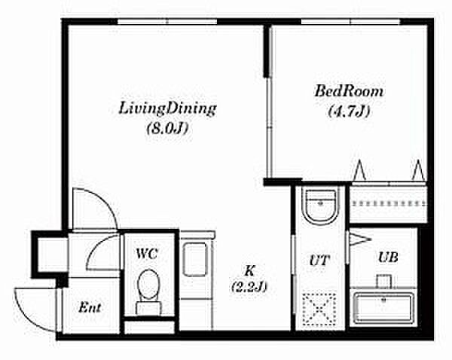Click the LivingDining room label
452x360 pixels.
(167, 109)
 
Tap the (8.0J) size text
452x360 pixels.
(167, 128)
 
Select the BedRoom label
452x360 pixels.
(349, 91)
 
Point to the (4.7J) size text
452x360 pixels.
(349, 111)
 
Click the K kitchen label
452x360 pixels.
(249, 270)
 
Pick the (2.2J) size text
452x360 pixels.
(249, 287)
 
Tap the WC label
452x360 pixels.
(147, 254)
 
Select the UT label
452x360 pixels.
(319, 261)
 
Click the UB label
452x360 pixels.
(388, 257)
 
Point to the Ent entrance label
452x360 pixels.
(90, 307)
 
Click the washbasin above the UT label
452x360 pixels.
(321, 205)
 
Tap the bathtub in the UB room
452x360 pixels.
(383, 308)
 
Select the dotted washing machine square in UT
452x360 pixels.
(319, 309)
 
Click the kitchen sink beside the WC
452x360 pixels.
(195, 259)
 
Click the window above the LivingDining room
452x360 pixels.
(167, 22)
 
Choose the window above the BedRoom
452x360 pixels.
(351, 22)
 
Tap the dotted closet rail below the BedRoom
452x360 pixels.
(388, 204)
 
